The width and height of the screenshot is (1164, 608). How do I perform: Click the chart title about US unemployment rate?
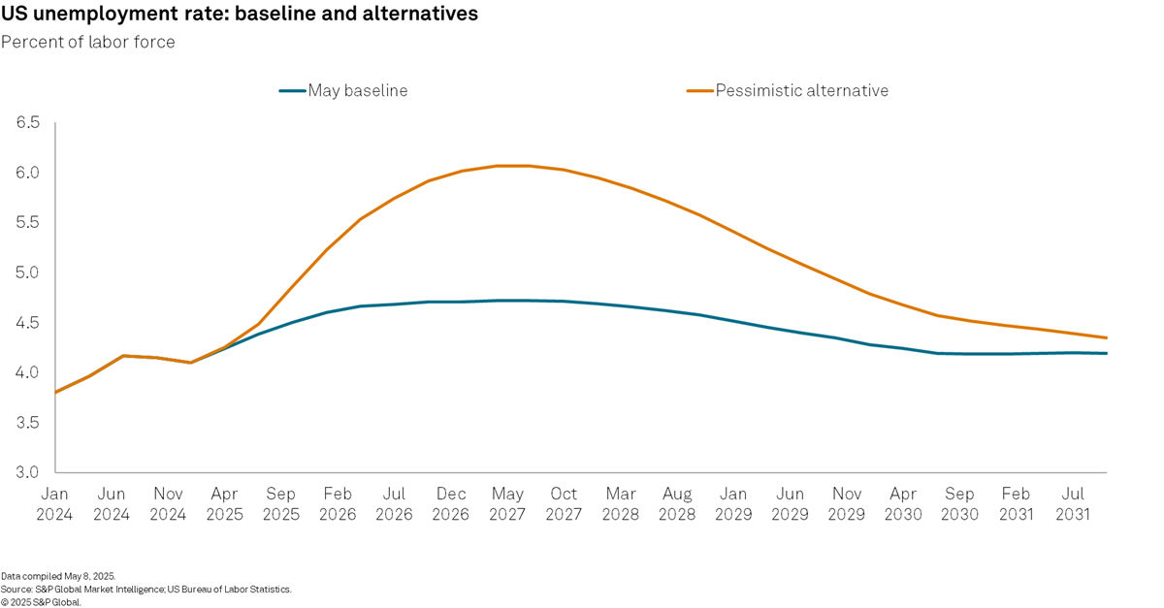click(x=239, y=15)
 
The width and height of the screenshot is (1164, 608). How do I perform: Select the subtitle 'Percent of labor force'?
click(x=88, y=43)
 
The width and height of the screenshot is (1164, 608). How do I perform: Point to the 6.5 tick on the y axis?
click(x=27, y=123)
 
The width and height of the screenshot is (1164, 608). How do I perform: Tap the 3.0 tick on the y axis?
click(x=27, y=473)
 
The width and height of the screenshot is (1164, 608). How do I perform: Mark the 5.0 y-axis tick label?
click(x=27, y=272)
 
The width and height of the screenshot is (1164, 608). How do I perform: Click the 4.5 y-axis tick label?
click(x=27, y=323)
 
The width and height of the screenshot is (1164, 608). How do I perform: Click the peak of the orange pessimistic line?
click(x=512, y=166)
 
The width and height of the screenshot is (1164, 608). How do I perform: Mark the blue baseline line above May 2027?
click(x=507, y=301)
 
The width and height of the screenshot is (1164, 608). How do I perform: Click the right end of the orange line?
click(x=1106, y=337)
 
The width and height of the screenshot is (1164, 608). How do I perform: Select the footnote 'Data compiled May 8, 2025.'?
click(x=57, y=576)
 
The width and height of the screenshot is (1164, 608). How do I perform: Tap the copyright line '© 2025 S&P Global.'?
click(x=41, y=601)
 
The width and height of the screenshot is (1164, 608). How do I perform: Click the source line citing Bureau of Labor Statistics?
click(x=145, y=589)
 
